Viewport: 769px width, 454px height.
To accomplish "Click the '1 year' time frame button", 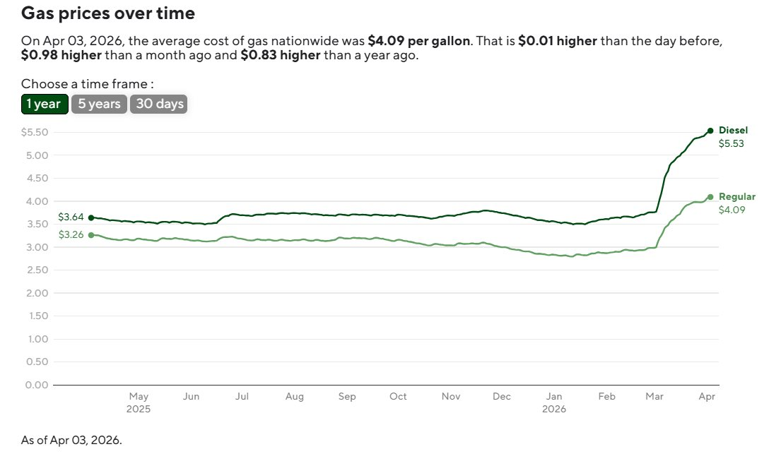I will pos(45,104).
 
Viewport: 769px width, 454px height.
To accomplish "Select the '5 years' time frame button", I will pos(100,104).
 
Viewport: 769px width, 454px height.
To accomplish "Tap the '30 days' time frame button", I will pos(160,104).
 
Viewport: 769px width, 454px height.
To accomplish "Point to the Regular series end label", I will pos(736,197).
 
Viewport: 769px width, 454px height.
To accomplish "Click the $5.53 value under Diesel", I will pos(732,143).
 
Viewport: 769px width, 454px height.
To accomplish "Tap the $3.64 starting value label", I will pos(71,217).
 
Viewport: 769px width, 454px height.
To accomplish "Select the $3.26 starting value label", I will pos(71,235).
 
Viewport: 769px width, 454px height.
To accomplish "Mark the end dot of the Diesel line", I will pos(710,131).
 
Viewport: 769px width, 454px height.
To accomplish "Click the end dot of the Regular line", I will pos(710,197).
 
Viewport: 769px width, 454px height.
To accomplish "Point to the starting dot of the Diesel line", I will pos(90,217).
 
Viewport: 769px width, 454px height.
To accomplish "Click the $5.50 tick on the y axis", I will pos(35,133).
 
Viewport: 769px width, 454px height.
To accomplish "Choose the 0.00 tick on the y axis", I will pos(36,385).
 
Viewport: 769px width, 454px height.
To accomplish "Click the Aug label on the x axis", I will pos(295,397).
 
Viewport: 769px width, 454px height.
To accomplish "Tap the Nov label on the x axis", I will pos(451,397).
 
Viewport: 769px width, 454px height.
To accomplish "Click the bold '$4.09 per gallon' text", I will pos(418,41).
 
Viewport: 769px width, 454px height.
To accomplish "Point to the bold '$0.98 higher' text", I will pos(61,56).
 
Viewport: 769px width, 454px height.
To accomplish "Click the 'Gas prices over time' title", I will pos(108,13).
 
